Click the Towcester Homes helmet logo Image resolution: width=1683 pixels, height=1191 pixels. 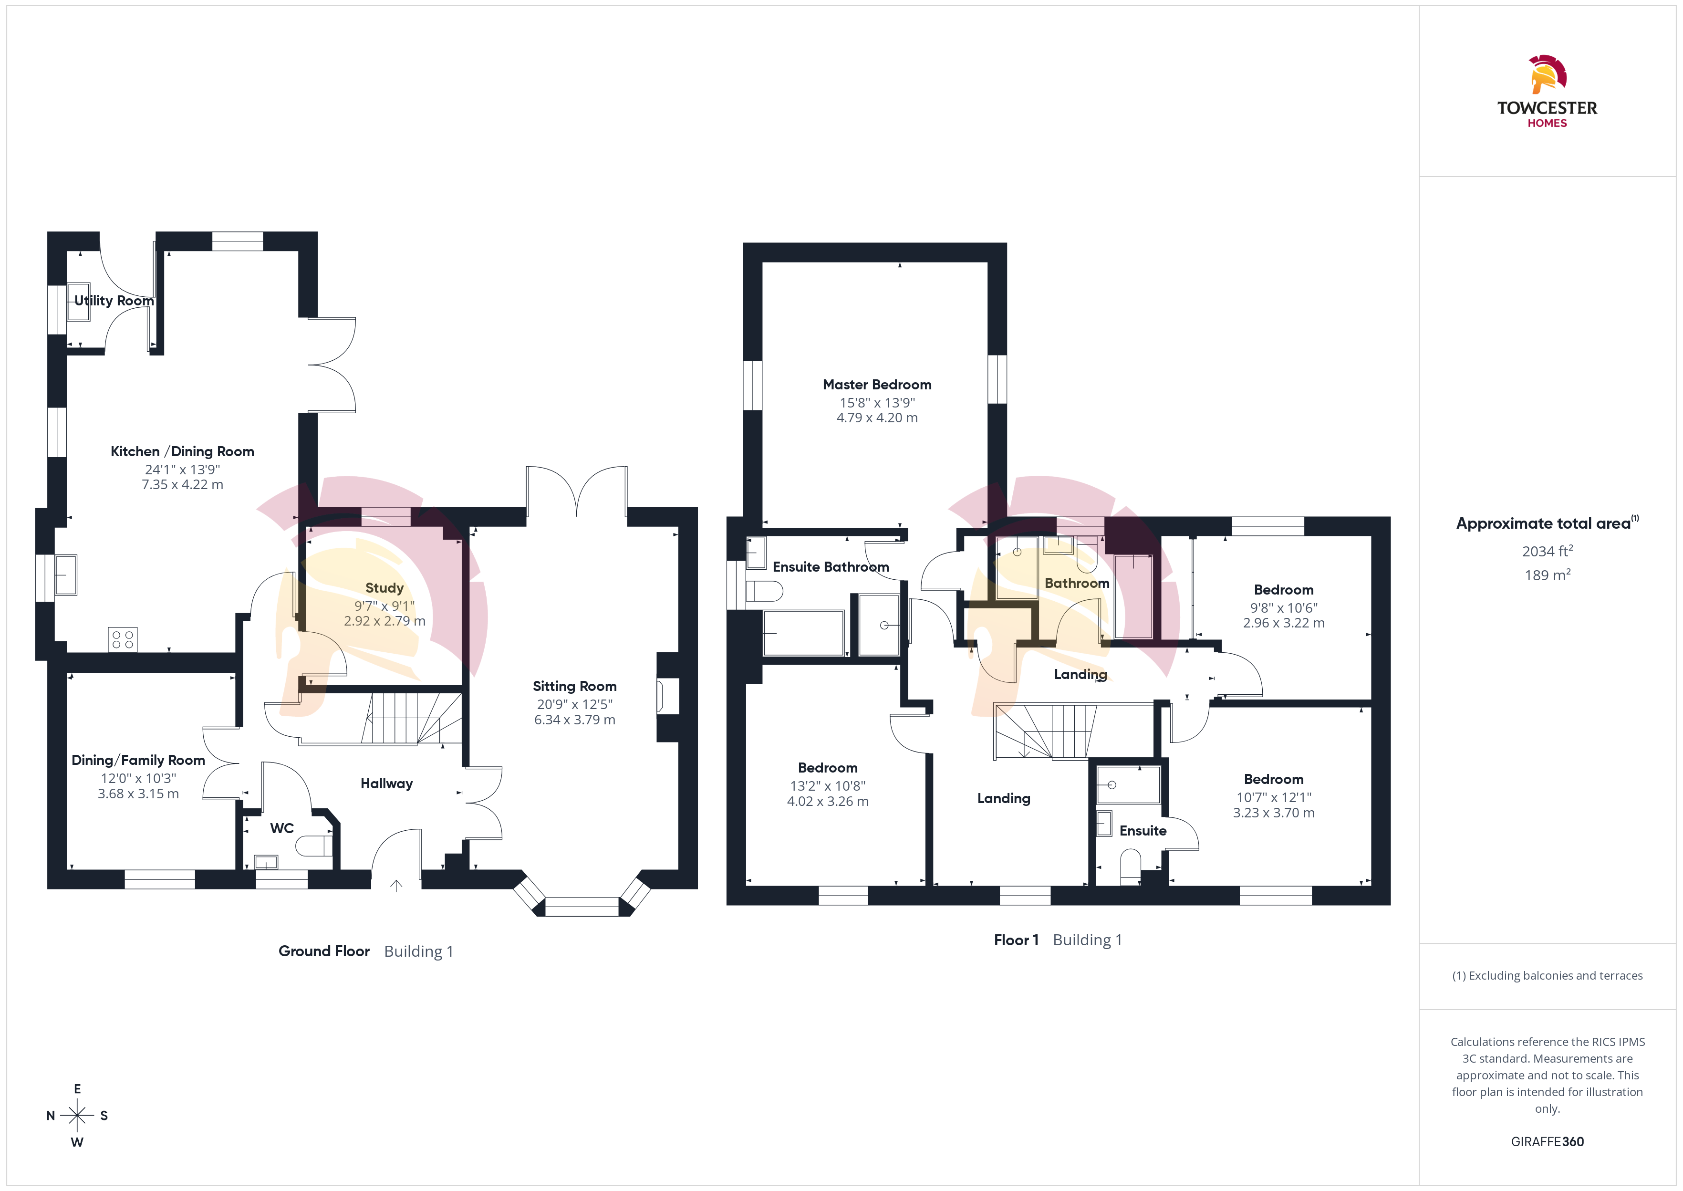click(1548, 75)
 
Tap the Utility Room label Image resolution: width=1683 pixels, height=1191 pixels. click(114, 301)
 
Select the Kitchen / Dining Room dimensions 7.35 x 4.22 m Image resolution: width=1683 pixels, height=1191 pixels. click(183, 485)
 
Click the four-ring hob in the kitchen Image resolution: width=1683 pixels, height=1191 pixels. click(123, 639)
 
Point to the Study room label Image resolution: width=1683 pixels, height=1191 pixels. click(385, 588)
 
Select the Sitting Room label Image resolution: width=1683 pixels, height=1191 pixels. click(575, 687)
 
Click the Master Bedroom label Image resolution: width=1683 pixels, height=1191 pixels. click(877, 385)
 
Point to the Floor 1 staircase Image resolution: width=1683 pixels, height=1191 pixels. click(1045, 731)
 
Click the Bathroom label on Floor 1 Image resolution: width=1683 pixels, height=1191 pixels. click(1077, 584)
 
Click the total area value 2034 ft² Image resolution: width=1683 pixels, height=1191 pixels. click(1548, 551)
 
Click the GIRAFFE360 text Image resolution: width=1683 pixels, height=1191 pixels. click(1548, 1142)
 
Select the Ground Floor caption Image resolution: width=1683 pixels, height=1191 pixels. click(324, 951)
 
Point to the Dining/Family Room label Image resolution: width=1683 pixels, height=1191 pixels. click(138, 761)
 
